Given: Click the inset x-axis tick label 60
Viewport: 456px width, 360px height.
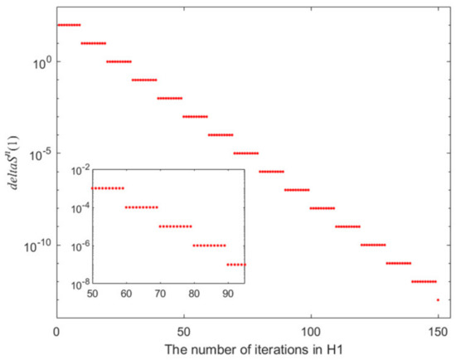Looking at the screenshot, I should click(x=126, y=294).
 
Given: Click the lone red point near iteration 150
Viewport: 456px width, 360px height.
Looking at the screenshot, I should click(x=438, y=299).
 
